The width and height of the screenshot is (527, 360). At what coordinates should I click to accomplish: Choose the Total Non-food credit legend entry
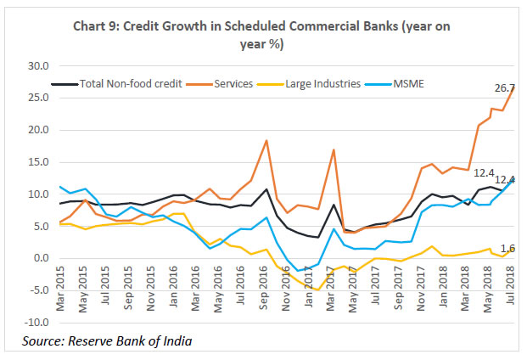(126, 83)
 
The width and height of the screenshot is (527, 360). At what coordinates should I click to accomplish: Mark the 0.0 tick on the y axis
(39, 258)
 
